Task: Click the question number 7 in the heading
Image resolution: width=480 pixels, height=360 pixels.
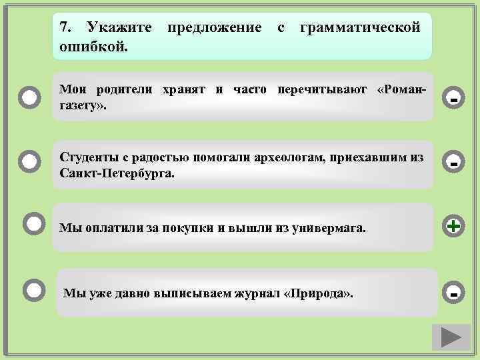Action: [x=64, y=27]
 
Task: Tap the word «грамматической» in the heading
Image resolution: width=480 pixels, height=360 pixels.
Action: [x=361, y=27]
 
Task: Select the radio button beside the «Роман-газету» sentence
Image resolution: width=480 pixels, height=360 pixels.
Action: [x=30, y=98]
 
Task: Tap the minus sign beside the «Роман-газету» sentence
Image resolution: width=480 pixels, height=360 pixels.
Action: [x=453, y=99]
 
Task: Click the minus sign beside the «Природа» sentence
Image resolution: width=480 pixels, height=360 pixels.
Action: [x=453, y=292]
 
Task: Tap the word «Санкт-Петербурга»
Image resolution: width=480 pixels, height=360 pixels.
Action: [x=117, y=173]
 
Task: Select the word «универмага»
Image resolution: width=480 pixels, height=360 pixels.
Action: [x=331, y=228]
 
